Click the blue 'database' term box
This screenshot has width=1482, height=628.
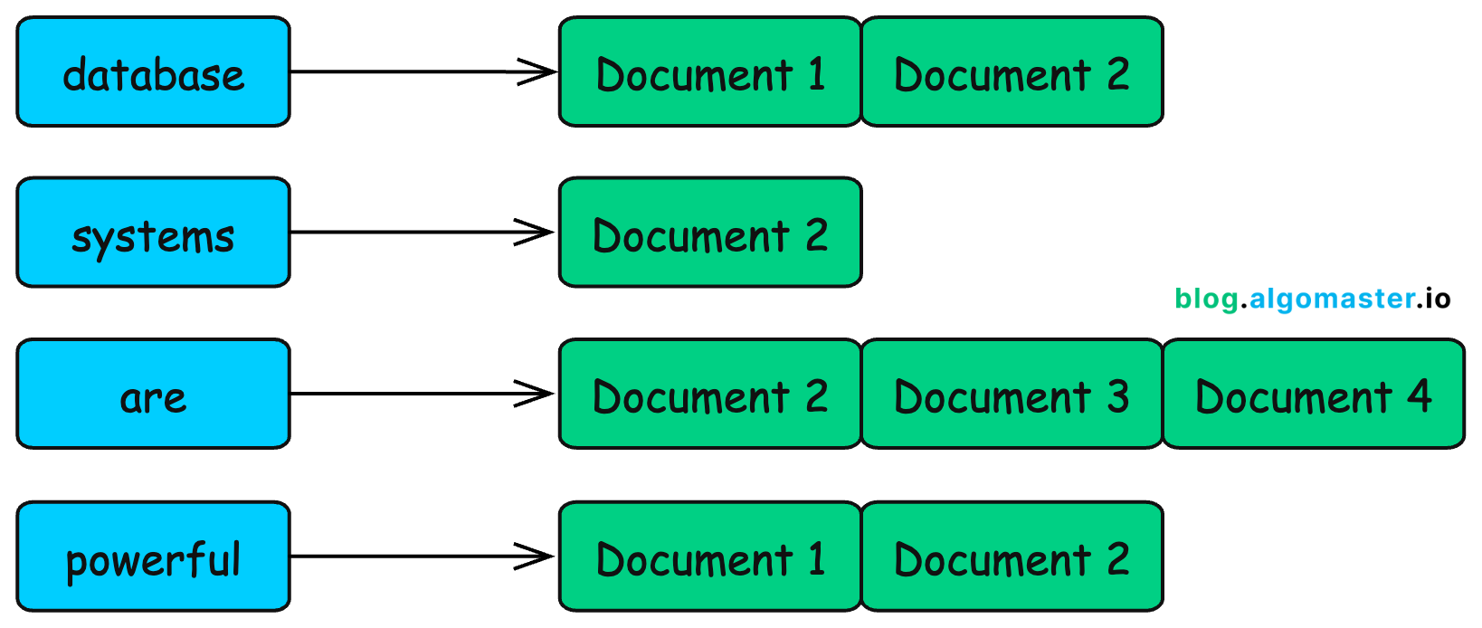(153, 72)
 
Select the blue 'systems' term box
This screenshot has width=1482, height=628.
(153, 233)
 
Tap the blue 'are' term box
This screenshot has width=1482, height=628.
(153, 395)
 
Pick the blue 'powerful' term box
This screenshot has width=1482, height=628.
(153, 557)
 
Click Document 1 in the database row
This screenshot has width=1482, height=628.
(710, 72)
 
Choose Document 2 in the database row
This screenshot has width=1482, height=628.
(1012, 72)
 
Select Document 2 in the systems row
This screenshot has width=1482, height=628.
(710, 233)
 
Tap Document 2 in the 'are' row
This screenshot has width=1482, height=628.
(710, 395)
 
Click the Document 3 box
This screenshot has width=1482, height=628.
(1012, 395)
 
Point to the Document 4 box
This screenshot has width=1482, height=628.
(1313, 395)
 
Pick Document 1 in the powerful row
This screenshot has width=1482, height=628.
(710, 557)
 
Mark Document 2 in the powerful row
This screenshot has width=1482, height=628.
(1012, 557)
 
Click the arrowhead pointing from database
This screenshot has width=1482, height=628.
(539, 71)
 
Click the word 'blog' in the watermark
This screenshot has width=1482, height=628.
(1206, 300)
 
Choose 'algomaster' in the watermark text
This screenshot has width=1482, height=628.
(1332, 299)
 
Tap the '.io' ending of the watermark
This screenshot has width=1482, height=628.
(1435, 299)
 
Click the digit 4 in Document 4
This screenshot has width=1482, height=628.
(1419, 395)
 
